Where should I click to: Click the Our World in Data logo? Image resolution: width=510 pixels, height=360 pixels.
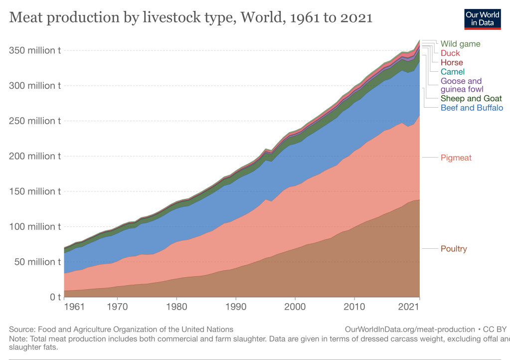tap(482, 18)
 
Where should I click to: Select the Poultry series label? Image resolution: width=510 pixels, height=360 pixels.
tap(454, 249)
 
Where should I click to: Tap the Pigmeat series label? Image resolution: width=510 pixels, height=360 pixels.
tap(456, 158)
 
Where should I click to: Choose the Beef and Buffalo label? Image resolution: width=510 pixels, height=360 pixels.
tap(472, 108)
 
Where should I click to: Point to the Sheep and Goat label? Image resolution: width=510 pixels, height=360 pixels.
tap(471, 98)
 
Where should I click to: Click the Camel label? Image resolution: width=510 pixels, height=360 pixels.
tap(453, 72)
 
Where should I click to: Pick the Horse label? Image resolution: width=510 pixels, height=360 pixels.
tap(452, 62)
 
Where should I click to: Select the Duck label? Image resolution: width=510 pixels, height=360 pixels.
tap(450, 53)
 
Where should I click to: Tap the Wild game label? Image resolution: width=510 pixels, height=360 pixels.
tap(460, 44)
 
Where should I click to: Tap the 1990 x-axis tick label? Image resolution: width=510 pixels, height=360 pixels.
tap(236, 306)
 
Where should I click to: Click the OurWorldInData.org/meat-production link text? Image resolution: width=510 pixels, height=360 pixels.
tap(409, 329)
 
